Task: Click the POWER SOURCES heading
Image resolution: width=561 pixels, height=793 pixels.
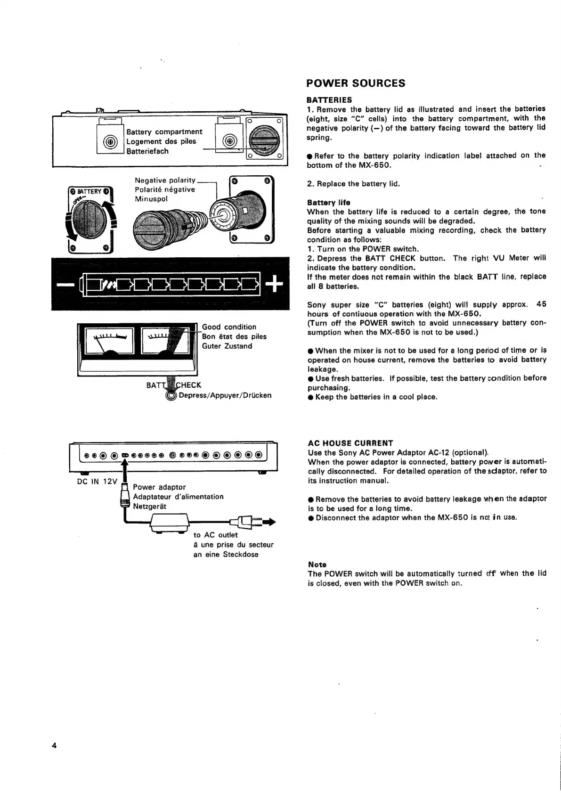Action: [x=355, y=83]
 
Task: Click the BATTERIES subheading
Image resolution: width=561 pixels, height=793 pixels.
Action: [x=329, y=100]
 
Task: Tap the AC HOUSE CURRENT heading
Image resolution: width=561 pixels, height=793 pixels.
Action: [x=350, y=443]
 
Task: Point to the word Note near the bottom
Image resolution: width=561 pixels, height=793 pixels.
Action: [x=317, y=564]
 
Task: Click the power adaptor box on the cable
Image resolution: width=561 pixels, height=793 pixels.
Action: [x=169, y=523]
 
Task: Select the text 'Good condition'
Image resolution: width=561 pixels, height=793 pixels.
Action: [x=229, y=327]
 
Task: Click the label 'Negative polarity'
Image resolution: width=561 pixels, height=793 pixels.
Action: [x=164, y=180]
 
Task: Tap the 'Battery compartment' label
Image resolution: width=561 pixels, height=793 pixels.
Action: [x=164, y=131]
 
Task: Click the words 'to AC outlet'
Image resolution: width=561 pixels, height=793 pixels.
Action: [x=215, y=535]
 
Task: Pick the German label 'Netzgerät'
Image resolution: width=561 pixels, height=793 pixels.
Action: [x=149, y=506]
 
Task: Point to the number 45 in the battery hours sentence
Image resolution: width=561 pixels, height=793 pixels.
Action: [x=541, y=304]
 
